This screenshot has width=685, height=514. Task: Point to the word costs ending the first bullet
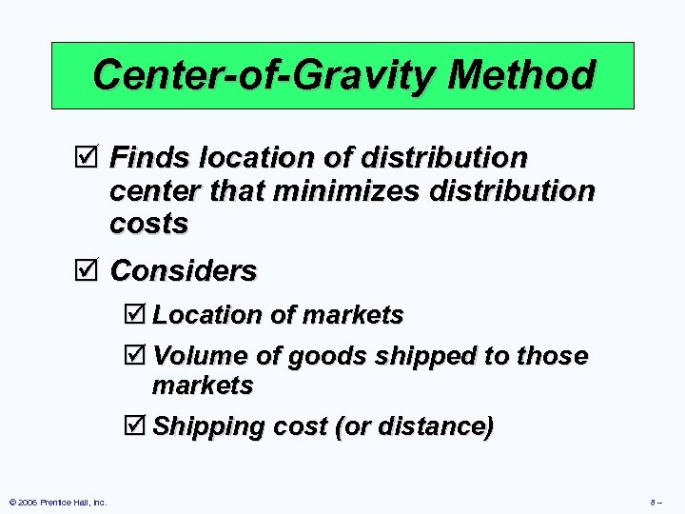148,224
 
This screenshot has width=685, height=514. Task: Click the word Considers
184,271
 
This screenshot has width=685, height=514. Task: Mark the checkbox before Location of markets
138,314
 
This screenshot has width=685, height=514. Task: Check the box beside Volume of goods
138,356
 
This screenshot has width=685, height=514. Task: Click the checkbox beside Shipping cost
138,425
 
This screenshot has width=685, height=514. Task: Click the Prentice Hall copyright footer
58,502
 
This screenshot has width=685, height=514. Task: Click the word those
552,356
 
